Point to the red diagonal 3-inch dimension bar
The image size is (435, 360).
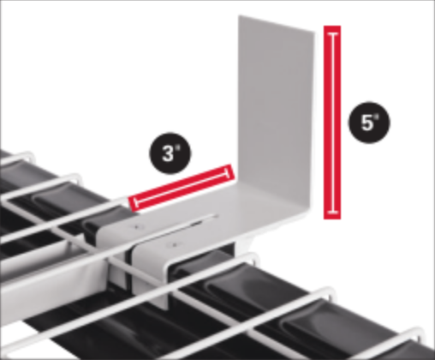(182, 188)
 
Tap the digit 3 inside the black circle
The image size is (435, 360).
(170, 153)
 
